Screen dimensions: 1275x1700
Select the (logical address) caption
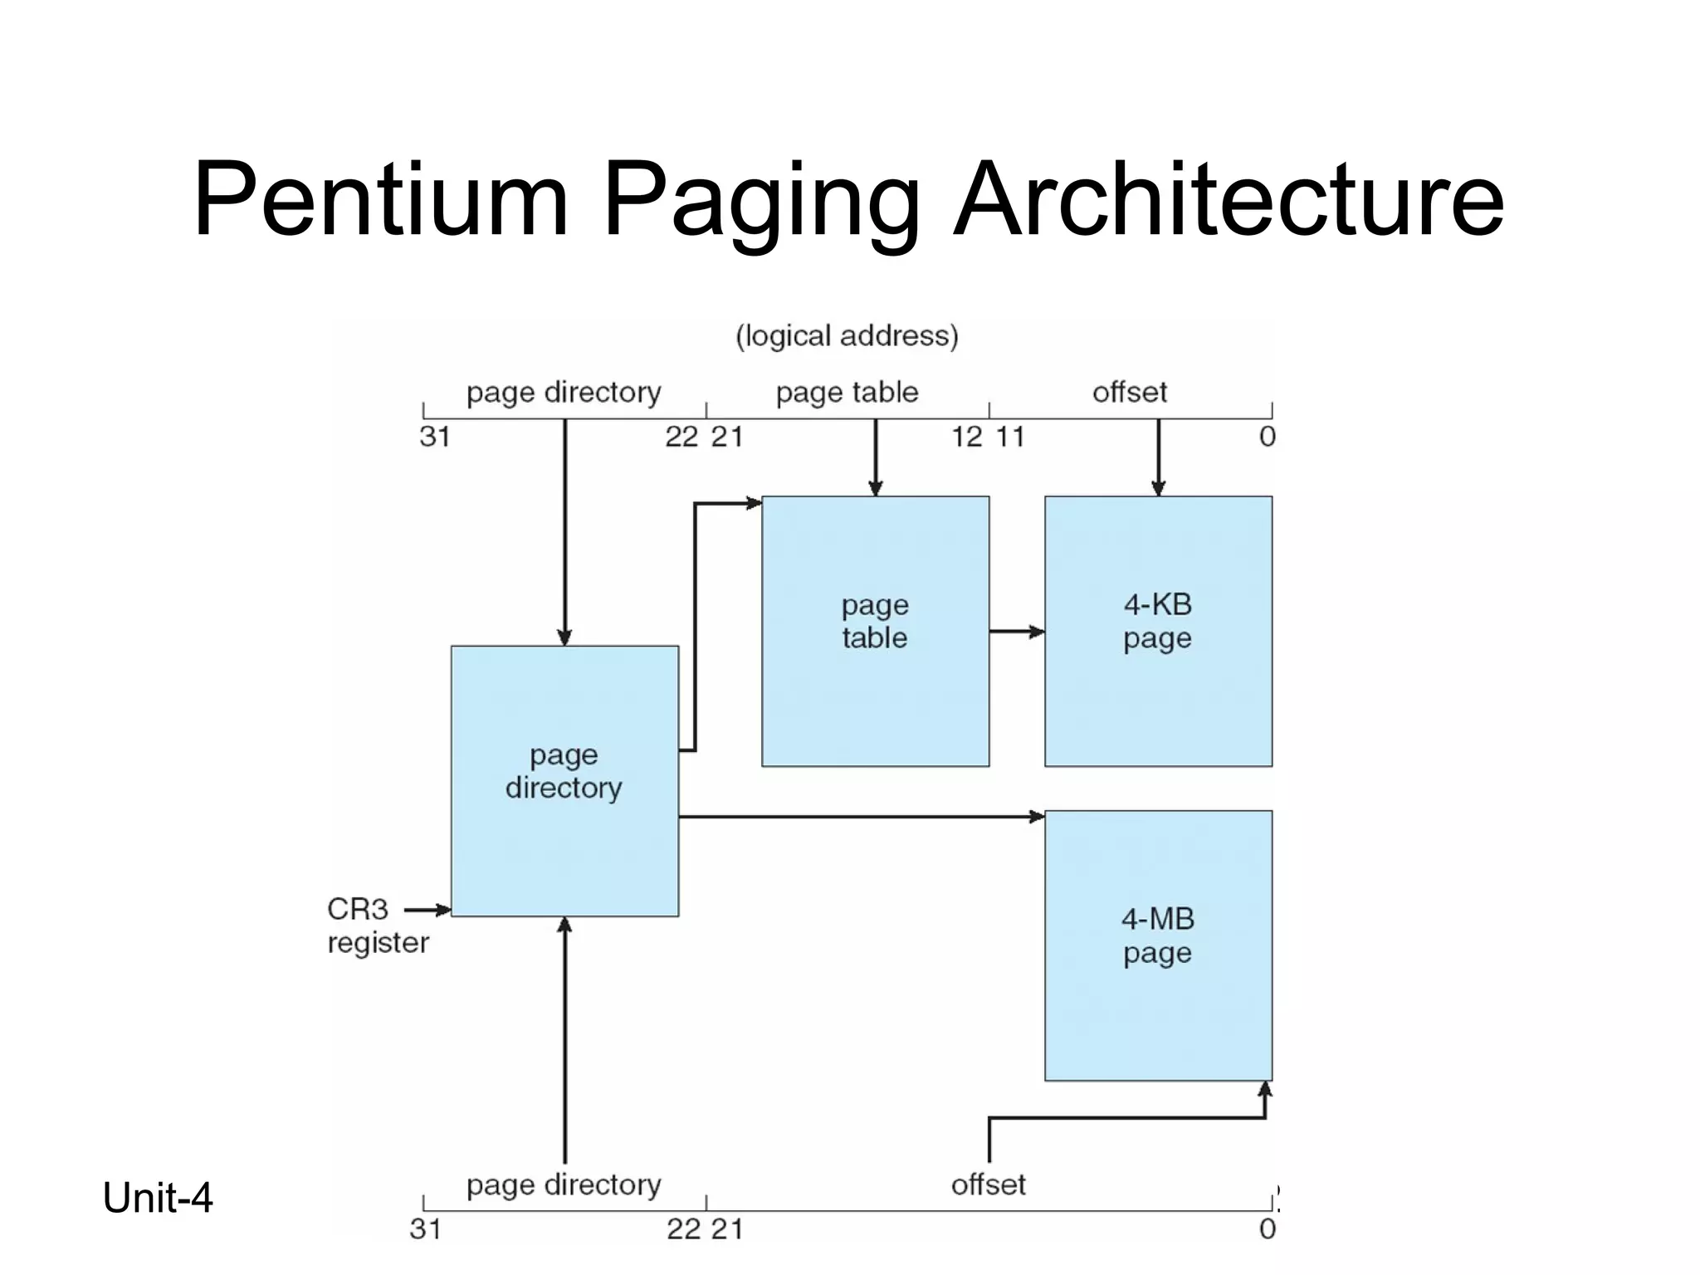pyautogui.click(x=847, y=336)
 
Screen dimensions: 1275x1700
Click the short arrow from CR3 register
pyautogui.click(x=427, y=910)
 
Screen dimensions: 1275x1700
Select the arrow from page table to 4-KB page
pyautogui.click(x=1017, y=632)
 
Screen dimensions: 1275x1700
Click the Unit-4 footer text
pyautogui.click(x=158, y=1198)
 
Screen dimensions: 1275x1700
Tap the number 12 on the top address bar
pyautogui.click(x=967, y=437)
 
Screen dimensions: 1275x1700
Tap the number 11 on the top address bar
pyautogui.click(x=1009, y=437)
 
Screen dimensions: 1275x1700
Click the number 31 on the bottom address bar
pyautogui.click(x=425, y=1229)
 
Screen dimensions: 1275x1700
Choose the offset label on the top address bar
pyautogui.click(x=1129, y=392)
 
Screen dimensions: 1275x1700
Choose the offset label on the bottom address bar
pyautogui.click(x=988, y=1185)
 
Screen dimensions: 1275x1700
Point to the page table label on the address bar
pyautogui.click(x=847, y=392)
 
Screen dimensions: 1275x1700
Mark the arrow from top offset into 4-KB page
pyautogui.click(x=1158, y=457)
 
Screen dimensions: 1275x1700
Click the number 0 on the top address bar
pyautogui.click(x=1267, y=437)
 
